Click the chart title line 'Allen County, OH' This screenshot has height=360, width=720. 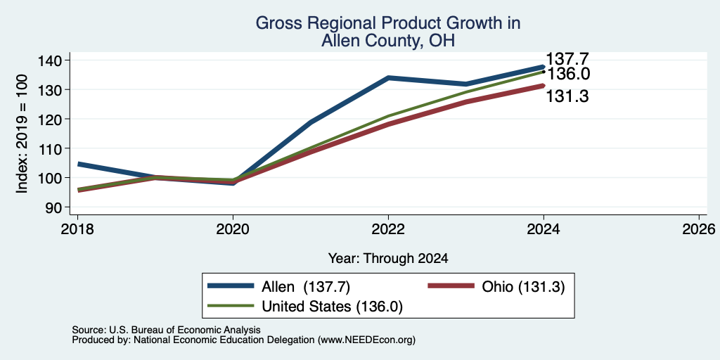[388, 41]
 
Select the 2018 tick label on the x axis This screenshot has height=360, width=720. [77, 229]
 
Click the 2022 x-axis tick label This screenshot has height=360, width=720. [388, 229]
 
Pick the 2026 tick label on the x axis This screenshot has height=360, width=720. [700, 229]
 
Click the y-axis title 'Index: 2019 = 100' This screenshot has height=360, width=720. [22, 134]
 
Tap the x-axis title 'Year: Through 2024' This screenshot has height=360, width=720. [388, 259]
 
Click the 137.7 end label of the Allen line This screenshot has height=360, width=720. [567, 59]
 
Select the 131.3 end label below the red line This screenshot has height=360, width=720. [567, 96]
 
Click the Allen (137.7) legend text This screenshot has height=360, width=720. [306, 287]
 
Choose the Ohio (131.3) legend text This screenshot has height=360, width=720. [523, 287]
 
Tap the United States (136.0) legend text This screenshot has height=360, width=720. [332, 307]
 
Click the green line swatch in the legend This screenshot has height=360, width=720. [231, 306]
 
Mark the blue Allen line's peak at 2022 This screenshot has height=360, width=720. [388, 77]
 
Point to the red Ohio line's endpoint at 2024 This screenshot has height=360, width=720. [544, 85]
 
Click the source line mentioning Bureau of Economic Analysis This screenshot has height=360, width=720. [166, 330]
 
